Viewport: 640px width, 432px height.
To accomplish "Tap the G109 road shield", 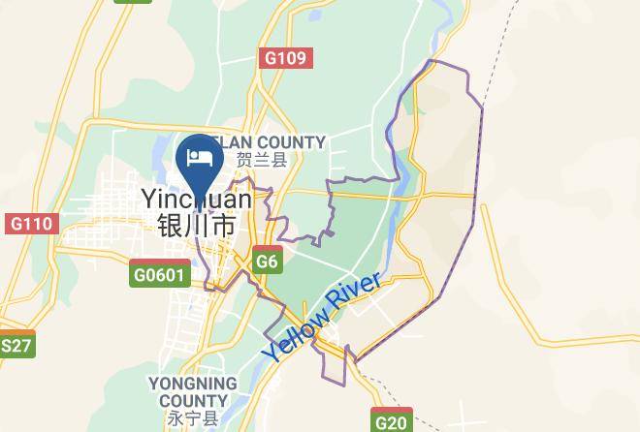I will coord(286,58).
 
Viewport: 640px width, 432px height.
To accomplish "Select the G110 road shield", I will coord(30,225).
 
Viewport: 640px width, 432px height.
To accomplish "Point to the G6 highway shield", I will coord(268,262).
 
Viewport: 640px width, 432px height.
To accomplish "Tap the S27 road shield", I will coord(16,346).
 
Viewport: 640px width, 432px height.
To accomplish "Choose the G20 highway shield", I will coord(391,421).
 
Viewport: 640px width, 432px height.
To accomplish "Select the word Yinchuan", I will coord(197,200).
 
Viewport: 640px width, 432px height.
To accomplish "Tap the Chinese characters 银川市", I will coord(197,226).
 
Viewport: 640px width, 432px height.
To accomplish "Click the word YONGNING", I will coord(193,385).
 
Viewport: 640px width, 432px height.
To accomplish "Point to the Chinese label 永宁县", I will coord(193,419).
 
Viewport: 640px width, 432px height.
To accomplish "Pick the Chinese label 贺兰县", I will coord(262,161).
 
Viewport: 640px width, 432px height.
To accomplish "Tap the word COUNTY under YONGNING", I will coord(193,401).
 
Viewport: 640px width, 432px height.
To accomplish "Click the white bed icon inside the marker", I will coord(201,157).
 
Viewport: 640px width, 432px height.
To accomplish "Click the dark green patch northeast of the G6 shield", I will coord(339,232).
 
